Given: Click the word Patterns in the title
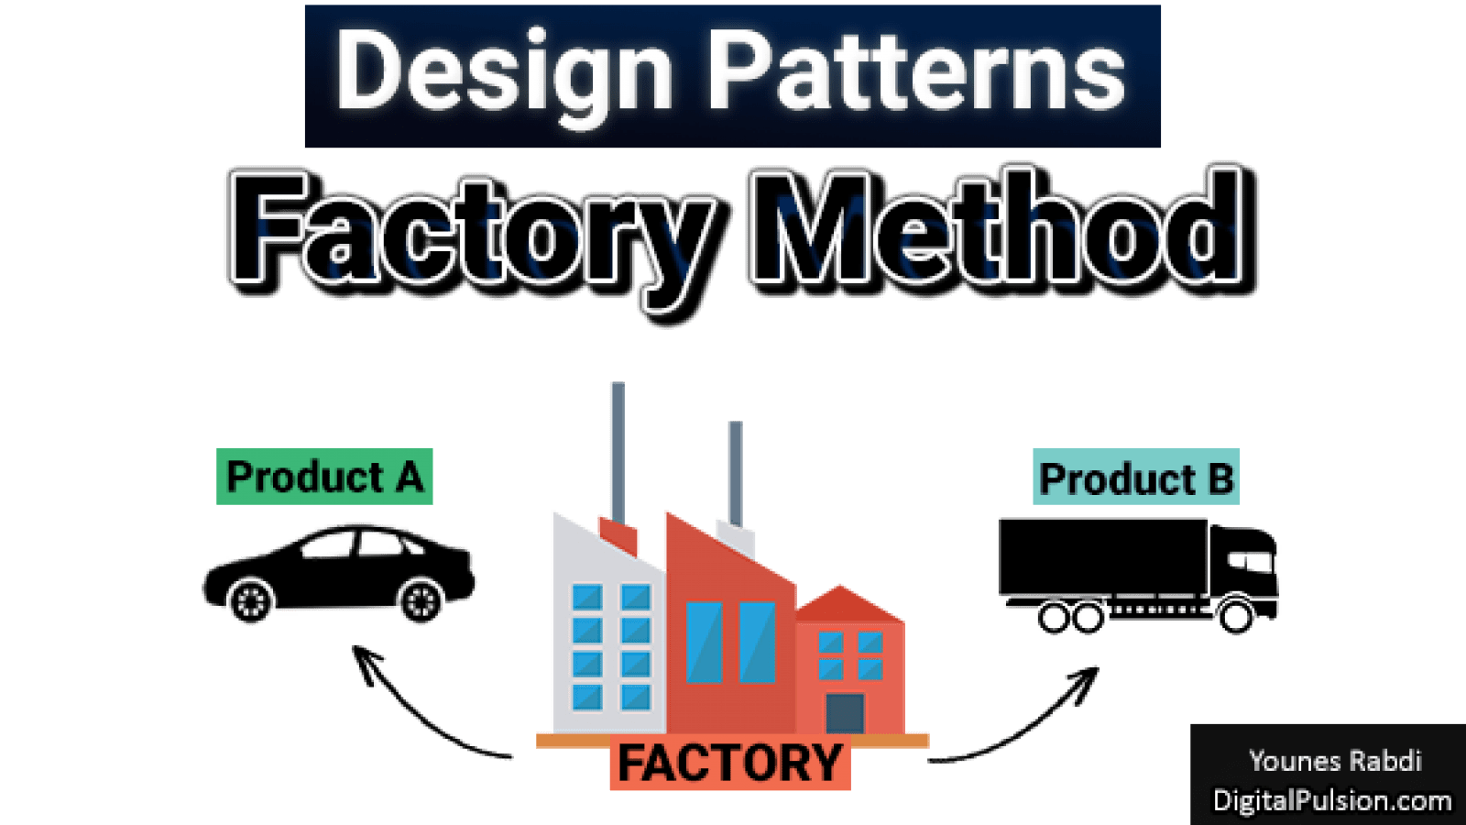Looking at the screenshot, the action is pyautogui.click(x=916, y=71).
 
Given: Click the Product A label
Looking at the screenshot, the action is pyautogui.click(x=324, y=477).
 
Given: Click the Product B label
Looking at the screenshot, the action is pyautogui.click(x=1136, y=478).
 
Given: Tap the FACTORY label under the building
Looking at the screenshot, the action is pyautogui.click(x=729, y=764).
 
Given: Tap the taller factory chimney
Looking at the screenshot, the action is pyautogui.click(x=618, y=449).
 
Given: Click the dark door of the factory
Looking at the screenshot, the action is pyautogui.click(x=844, y=712).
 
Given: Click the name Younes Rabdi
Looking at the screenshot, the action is pyautogui.click(x=1334, y=761).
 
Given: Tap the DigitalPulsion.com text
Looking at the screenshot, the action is pyautogui.click(x=1331, y=800).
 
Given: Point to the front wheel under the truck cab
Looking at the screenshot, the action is pyautogui.click(x=1234, y=616).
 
